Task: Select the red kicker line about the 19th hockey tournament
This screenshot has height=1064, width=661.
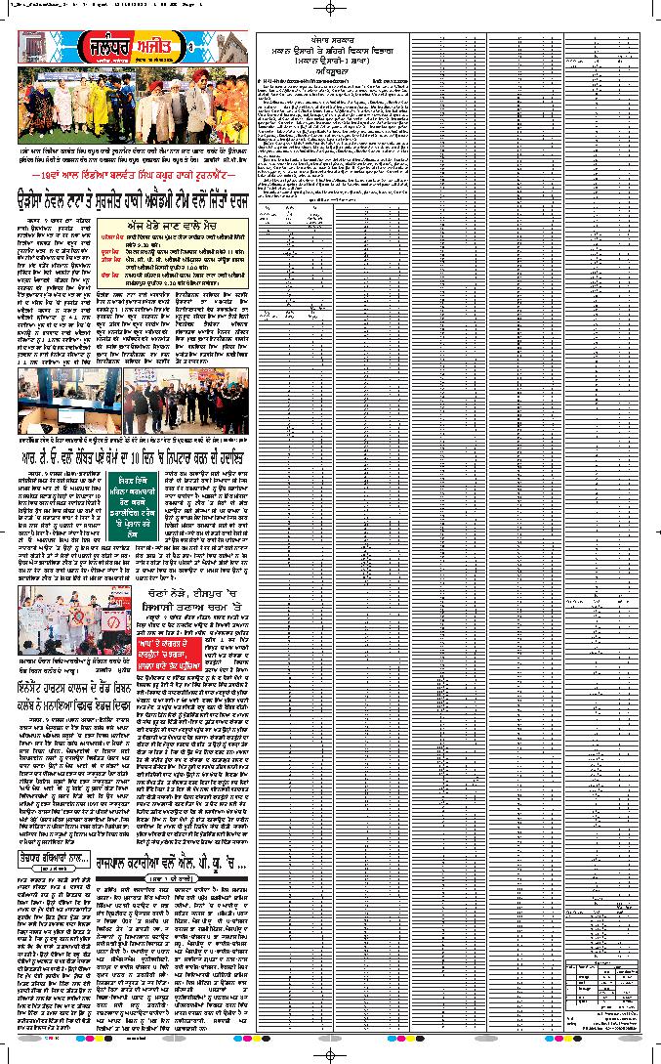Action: tap(131, 174)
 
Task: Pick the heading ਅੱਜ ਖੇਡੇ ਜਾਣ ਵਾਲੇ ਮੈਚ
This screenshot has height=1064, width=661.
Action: tap(183, 225)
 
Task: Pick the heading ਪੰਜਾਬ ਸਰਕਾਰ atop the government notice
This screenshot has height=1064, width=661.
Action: tap(333, 38)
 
